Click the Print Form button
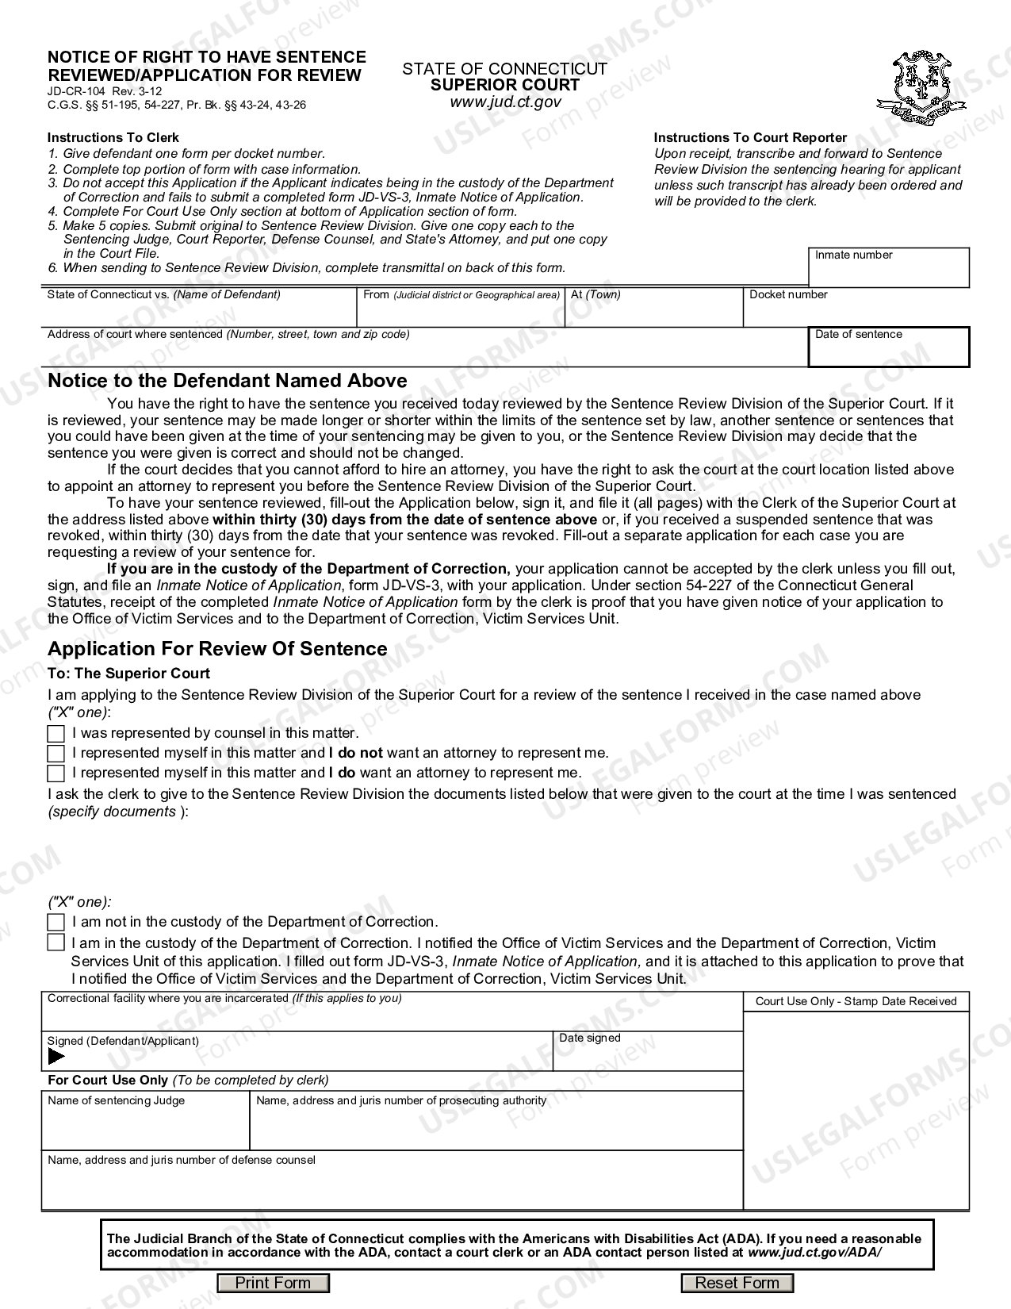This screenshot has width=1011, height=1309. (x=273, y=1283)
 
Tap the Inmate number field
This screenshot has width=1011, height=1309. (x=888, y=272)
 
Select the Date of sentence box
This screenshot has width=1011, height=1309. (x=888, y=351)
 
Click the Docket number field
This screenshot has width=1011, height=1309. (x=855, y=312)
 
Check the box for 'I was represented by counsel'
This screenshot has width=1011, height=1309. (x=56, y=733)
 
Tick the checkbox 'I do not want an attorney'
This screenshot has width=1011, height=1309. (x=56, y=753)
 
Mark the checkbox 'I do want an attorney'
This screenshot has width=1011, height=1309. (x=56, y=773)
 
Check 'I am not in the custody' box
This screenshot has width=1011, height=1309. (x=56, y=922)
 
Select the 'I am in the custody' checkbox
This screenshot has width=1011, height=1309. (x=56, y=942)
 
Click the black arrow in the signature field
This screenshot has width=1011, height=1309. (x=56, y=1057)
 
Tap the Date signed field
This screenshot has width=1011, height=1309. (x=647, y=1056)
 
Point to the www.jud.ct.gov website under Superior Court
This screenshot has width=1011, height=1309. (x=505, y=102)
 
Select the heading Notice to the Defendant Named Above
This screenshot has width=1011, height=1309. (x=228, y=381)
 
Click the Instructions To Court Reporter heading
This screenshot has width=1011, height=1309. (x=750, y=137)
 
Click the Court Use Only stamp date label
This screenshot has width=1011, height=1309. (x=856, y=1001)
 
